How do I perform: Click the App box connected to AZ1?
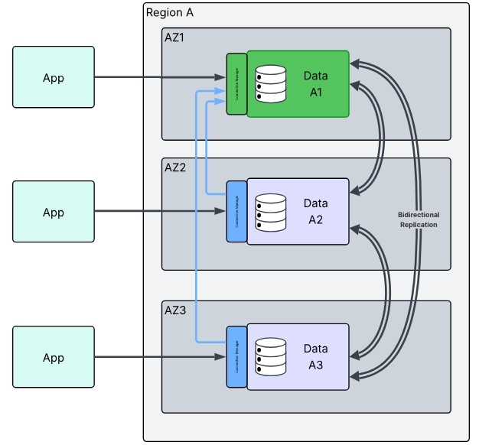(54, 77)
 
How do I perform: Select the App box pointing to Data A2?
(54, 212)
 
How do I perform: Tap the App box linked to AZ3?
(54, 357)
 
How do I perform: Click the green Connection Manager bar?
(236, 84)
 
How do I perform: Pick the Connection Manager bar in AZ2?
(236, 212)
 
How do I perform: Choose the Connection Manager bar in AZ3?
(236, 357)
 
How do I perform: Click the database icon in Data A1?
(270, 83)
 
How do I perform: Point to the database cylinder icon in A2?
(270, 212)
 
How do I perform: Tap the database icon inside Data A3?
(270, 357)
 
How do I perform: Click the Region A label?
(169, 13)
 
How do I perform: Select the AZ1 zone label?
(175, 37)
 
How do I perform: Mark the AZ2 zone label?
(175, 167)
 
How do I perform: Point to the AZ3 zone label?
(175, 310)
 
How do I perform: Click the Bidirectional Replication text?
(419, 220)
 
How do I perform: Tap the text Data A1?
(315, 84)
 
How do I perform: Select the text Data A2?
(315, 212)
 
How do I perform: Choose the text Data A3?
(315, 357)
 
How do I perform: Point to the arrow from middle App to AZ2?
(160, 212)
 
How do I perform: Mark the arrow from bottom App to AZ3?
(160, 357)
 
